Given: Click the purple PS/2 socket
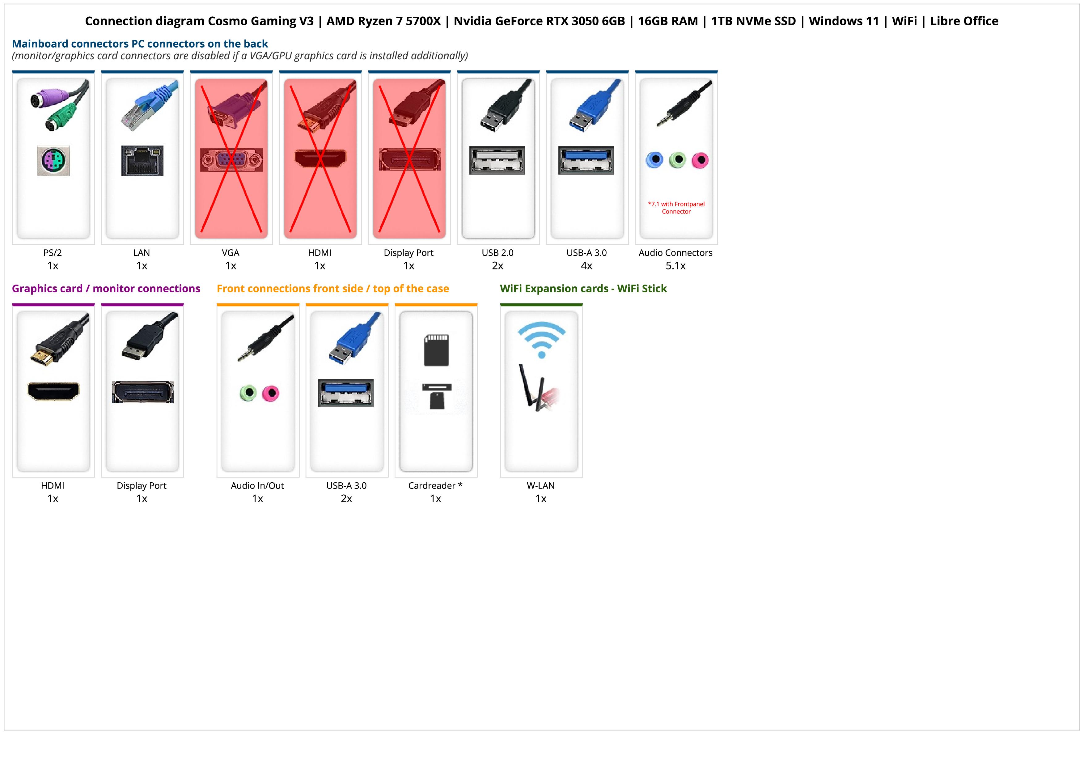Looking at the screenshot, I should [x=53, y=161].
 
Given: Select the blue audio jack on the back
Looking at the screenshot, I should [x=654, y=160].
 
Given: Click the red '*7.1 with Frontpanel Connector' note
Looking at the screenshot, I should [x=676, y=208].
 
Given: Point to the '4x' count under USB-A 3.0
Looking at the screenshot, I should [x=586, y=266].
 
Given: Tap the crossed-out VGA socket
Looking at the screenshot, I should [x=231, y=160].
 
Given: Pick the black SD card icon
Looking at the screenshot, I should [x=436, y=350].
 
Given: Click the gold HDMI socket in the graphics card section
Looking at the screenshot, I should [x=53, y=391].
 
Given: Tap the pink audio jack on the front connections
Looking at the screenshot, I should [x=270, y=393].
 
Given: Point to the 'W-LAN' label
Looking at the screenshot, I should [x=540, y=486].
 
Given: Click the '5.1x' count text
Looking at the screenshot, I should [x=675, y=266].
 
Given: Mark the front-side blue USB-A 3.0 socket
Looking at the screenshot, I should [x=345, y=393].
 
